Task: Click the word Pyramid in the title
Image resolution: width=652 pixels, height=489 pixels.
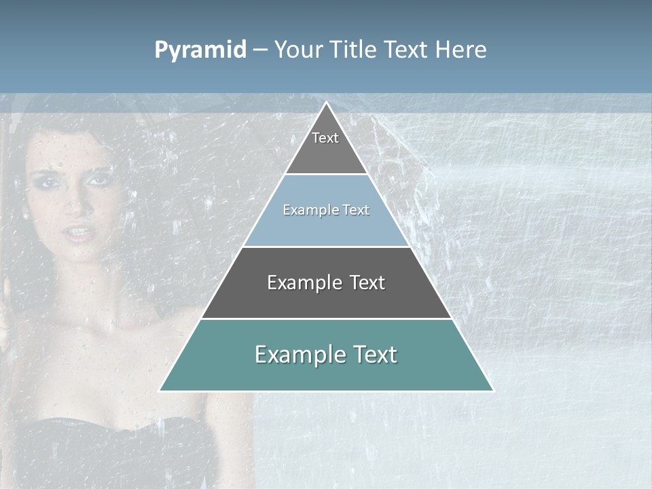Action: (200, 50)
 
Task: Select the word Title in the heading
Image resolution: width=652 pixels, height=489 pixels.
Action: (355, 50)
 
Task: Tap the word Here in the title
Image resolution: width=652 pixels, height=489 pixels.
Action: (460, 50)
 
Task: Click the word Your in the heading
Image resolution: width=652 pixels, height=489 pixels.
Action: (299, 50)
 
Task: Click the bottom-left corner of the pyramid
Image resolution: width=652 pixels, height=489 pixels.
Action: (160, 391)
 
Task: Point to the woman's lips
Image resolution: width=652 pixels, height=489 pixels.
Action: (79, 233)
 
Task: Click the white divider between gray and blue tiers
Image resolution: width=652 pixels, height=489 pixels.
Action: (326, 174)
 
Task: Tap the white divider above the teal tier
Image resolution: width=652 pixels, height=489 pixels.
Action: (326, 319)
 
